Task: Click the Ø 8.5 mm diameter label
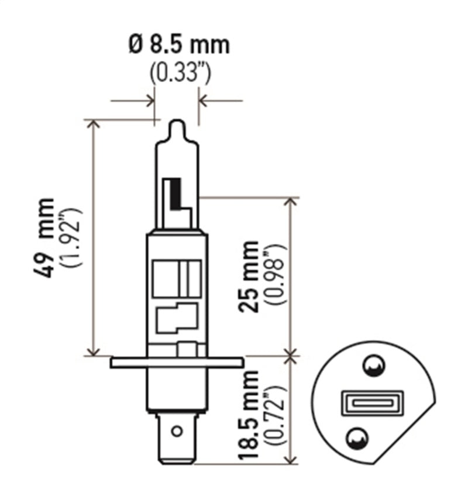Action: pos(179,44)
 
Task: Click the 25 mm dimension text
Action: pos(250,276)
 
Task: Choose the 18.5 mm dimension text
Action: pos(250,415)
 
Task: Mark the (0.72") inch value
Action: pos(276,415)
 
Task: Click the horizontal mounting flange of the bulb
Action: pos(176,363)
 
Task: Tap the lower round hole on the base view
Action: pos(357,436)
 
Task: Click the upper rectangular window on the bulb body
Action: pos(176,278)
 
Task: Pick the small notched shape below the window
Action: pos(176,317)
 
